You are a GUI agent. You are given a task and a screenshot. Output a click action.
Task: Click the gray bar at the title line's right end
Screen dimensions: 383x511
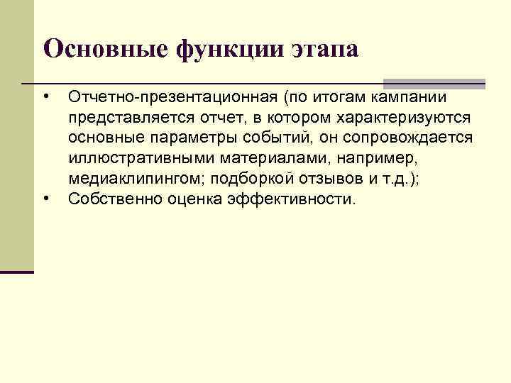[434, 83]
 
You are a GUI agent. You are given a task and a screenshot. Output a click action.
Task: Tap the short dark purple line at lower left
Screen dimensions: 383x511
[17, 272]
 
